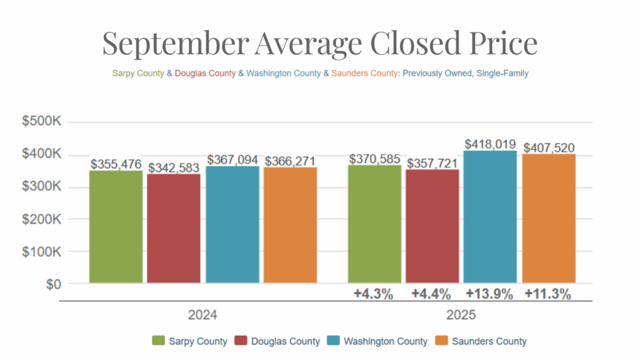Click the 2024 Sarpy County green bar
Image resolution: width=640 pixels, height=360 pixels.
116,227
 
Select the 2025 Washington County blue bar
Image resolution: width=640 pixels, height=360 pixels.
491,217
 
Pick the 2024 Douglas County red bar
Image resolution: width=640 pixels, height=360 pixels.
174,229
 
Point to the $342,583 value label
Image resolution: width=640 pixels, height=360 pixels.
174,167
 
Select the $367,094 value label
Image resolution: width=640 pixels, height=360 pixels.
232,159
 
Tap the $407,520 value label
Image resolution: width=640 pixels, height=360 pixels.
549,148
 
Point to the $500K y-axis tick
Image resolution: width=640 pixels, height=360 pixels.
41,122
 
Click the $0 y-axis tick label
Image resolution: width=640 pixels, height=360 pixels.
51,284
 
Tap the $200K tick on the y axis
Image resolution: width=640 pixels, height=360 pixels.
41,219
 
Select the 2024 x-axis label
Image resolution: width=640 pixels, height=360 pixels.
202,315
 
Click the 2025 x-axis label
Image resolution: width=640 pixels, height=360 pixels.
461,315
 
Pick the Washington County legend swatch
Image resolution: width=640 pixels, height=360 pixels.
334,341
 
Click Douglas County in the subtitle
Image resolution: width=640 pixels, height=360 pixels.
206,73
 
